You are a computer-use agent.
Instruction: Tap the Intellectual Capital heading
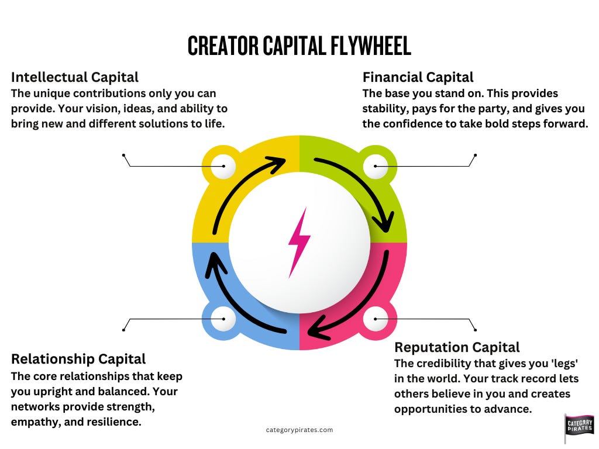pyautogui.click(x=75, y=77)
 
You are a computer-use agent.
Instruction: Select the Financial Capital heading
pyautogui.click(x=418, y=77)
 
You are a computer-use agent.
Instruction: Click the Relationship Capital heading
pyautogui.click(x=78, y=358)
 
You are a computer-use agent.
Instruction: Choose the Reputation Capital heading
pyautogui.click(x=457, y=347)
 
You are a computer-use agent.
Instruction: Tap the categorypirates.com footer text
pyautogui.click(x=299, y=430)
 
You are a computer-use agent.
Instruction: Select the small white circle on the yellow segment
pyautogui.click(x=223, y=167)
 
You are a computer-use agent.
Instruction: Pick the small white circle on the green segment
pyautogui.click(x=375, y=167)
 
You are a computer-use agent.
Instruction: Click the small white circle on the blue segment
pyautogui.click(x=223, y=319)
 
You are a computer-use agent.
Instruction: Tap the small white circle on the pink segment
pyautogui.click(x=375, y=319)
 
